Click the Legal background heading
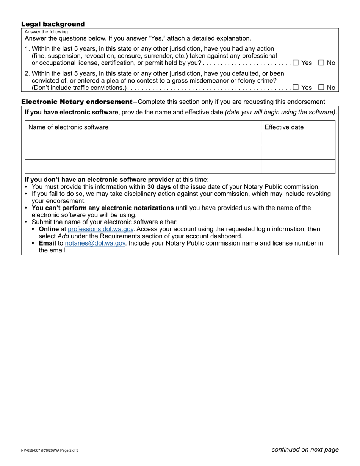[x=53, y=24]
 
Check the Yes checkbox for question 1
[x=296, y=63]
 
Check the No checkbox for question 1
[x=321, y=63]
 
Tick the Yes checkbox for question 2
[x=296, y=88]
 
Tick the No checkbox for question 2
[x=321, y=88]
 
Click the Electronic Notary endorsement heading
[x=77, y=102]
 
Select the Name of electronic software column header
[x=68, y=127]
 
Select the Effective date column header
[x=284, y=127]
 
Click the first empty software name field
[x=143, y=138]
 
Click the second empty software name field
[x=143, y=152]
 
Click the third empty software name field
[x=143, y=166]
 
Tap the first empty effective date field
[x=298, y=138]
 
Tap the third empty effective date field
[x=298, y=166]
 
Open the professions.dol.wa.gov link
[x=100, y=229]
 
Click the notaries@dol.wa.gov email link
[x=95, y=243]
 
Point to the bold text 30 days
[x=159, y=187]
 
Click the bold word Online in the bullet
[x=49, y=229]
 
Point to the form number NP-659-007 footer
[x=50, y=450]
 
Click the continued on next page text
[x=305, y=450]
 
